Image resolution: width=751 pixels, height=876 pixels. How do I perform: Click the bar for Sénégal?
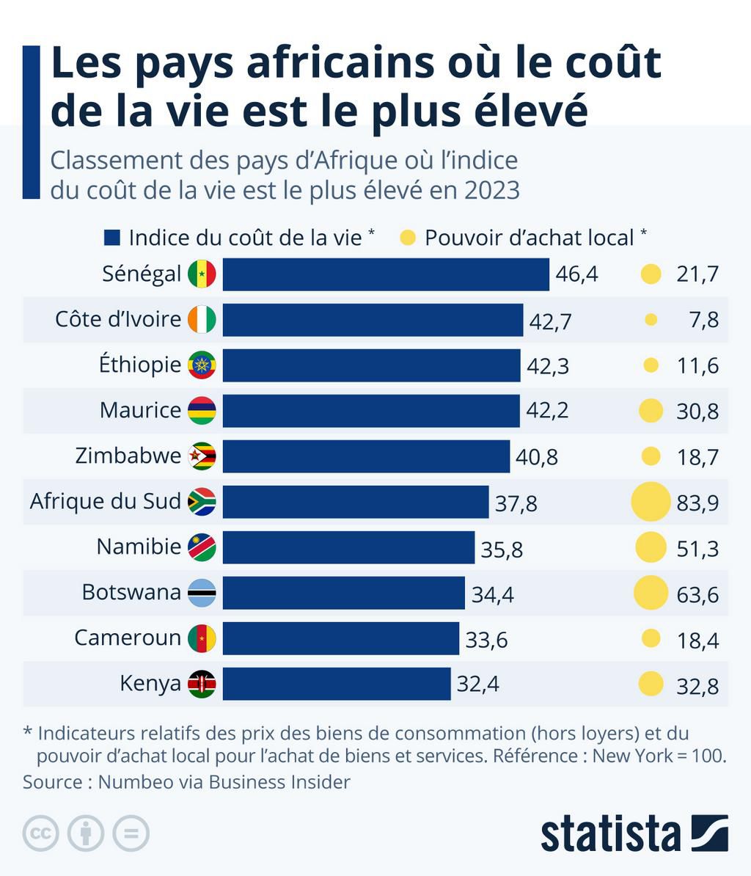coord(386,274)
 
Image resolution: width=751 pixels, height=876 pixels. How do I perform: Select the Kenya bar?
coord(337,684)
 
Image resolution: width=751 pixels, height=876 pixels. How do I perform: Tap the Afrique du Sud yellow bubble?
coord(651,502)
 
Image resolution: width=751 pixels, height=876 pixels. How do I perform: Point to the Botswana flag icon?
coord(202,593)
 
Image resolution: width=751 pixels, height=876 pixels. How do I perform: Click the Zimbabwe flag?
coord(202,456)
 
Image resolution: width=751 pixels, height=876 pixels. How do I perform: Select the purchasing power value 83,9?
coord(697,503)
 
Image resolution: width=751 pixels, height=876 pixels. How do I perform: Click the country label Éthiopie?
coord(140,365)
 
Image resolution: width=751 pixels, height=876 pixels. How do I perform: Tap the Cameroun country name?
coord(128,638)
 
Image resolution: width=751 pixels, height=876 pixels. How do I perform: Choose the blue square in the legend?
coord(112,237)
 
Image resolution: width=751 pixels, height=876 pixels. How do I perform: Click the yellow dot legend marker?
coord(408,237)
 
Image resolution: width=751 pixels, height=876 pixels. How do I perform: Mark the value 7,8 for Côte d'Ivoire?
coord(703,321)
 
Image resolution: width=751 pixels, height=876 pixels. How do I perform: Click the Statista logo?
coord(634,833)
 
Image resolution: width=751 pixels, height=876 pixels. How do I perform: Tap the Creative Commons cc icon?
coord(40,833)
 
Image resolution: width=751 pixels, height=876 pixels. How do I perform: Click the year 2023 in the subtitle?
coord(491,190)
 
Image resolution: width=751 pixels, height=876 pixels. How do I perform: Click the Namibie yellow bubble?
coord(651,547)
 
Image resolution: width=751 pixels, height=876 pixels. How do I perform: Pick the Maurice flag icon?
coord(202,411)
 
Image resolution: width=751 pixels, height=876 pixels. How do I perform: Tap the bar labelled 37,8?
coord(356,502)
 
